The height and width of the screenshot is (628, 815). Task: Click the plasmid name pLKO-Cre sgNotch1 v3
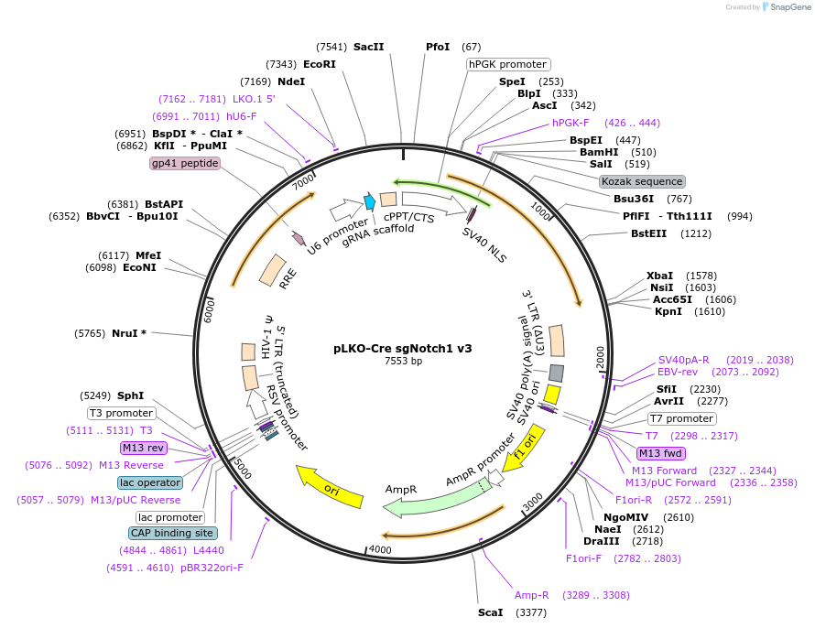coord(403,349)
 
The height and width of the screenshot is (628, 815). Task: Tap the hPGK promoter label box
coord(508,64)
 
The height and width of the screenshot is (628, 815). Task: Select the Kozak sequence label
coord(641,181)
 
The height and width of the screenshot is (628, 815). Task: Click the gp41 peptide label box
coord(185,163)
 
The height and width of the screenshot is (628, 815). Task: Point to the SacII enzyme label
coord(368,47)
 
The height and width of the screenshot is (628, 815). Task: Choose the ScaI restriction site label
coord(490,612)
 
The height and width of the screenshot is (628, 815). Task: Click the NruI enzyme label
coord(128,333)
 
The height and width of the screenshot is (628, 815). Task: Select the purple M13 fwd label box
coord(662,453)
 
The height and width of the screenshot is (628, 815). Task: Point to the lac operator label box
coord(150,482)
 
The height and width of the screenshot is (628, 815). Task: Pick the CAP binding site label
coord(173,533)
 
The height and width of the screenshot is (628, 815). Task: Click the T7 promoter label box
coord(681,418)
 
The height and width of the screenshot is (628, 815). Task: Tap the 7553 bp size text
coord(403,362)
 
